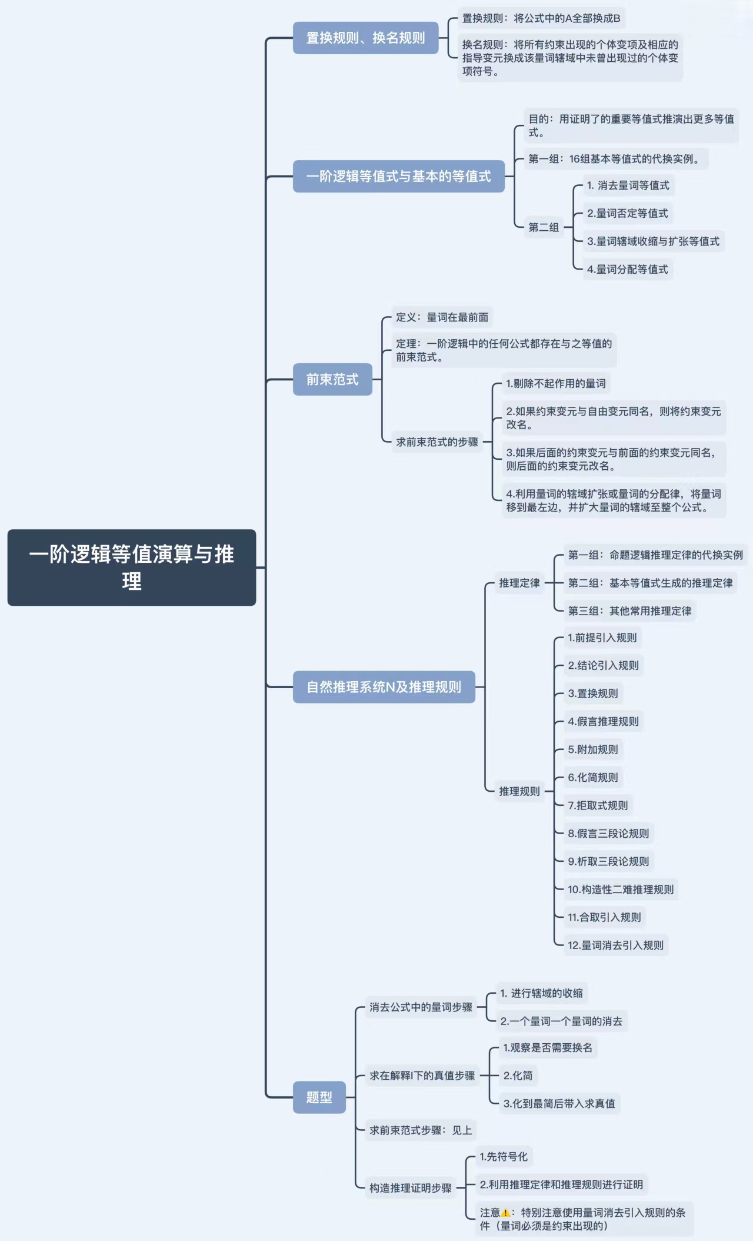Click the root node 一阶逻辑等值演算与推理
(131, 567)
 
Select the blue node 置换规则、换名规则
(365, 38)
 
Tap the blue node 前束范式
(332, 379)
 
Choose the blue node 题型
(319, 1097)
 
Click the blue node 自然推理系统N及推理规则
(384, 686)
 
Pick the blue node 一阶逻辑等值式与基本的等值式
(398, 176)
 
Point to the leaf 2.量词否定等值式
(627, 213)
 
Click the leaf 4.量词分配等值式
(627, 269)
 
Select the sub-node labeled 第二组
(544, 227)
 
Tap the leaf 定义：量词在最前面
(442, 317)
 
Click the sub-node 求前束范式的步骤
(437, 442)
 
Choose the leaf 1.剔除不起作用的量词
(555, 383)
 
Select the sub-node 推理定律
(519, 583)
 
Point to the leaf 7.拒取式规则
(598, 805)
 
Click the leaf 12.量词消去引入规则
(615, 945)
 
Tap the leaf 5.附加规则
(593, 749)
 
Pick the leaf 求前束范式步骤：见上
(421, 1130)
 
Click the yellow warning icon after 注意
(505, 1212)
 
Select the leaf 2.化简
(518, 1076)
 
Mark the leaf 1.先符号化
(503, 1156)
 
